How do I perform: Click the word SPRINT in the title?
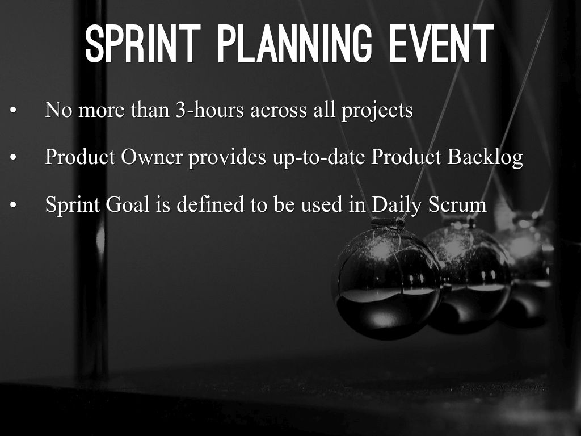[x=142, y=44]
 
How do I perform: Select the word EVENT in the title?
[x=441, y=44]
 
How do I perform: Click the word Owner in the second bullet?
[x=151, y=157]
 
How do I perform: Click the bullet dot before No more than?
[x=14, y=111]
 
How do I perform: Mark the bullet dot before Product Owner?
[x=14, y=158]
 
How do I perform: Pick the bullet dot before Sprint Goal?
[x=14, y=204]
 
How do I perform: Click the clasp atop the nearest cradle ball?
[x=388, y=223]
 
